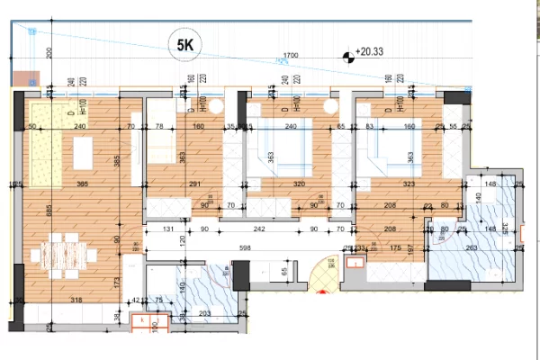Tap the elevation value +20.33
(371, 53)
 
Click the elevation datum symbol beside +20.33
(347, 58)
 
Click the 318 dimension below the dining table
(76, 301)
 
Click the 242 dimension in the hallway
(259, 228)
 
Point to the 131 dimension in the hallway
(167, 228)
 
